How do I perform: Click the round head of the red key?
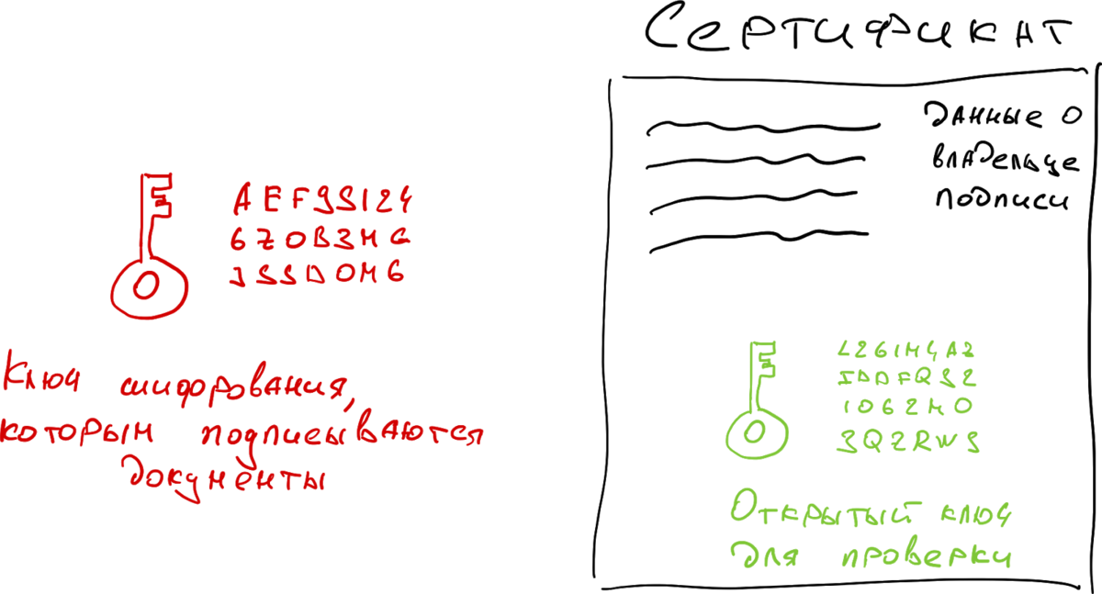click(147, 287)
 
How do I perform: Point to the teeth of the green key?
click(769, 359)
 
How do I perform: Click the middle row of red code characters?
click(319, 239)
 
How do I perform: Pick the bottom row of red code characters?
click(317, 275)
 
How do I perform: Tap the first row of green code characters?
click(905, 350)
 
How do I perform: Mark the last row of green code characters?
click(907, 442)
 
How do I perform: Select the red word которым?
click(78, 431)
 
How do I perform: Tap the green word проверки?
click(927, 555)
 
